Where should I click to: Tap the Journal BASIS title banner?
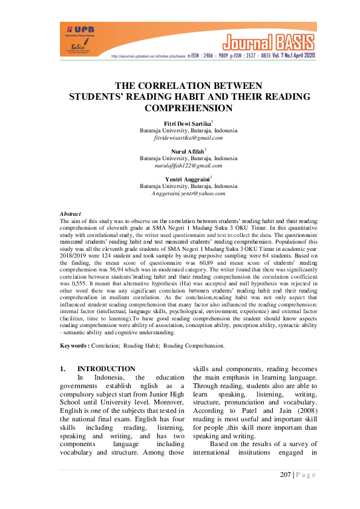[x=270, y=42]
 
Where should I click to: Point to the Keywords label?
[x=75, y=346]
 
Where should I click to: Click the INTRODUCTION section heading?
[x=106, y=369]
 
